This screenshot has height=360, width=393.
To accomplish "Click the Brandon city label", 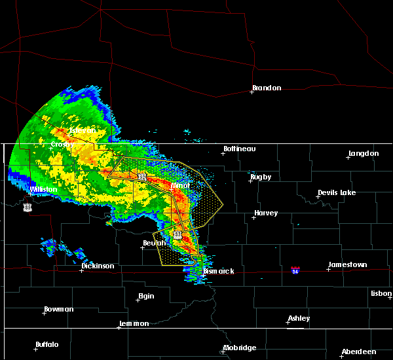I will tap(267, 88).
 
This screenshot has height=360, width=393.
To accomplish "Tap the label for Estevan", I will tap(83, 131).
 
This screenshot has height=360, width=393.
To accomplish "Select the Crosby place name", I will tap(63, 144).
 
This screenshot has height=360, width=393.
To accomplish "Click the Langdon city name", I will tap(364, 154).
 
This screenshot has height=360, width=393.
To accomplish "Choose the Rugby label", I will tap(260, 177).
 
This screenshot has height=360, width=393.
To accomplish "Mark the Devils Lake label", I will tap(337, 193).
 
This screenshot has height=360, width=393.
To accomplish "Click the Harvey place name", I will tap(266, 213).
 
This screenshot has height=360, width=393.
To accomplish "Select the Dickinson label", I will tap(98, 266).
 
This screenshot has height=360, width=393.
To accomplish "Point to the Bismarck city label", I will tap(218, 271).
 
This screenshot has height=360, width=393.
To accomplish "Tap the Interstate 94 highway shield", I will tap(295, 270).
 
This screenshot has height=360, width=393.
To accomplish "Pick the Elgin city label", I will tap(146, 297).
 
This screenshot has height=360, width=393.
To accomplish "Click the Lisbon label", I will tap(381, 294).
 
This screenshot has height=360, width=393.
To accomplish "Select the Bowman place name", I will tap(59, 310).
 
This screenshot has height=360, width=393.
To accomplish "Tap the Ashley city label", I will tap(299, 319).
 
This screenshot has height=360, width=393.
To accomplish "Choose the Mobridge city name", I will tap(240, 348).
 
